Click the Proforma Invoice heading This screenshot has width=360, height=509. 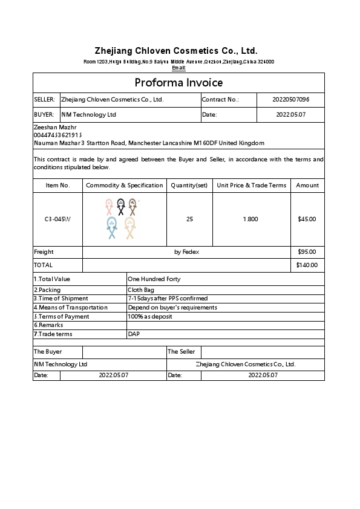[x=178, y=83]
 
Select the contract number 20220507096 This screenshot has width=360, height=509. [x=290, y=99]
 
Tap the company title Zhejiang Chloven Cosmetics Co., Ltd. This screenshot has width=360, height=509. [x=176, y=51]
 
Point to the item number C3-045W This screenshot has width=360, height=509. [x=57, y=219]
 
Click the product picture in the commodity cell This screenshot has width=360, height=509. [x=121, y=219]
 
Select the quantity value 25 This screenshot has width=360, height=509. [x=189, y=219]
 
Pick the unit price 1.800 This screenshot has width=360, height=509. [x=250, y=219]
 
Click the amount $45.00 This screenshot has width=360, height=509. [x=307, y=219]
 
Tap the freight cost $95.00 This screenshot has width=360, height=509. [x=307, y=251]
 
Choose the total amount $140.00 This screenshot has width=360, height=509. [x=306, y=265]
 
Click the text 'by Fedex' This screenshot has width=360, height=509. [x=186, y=251]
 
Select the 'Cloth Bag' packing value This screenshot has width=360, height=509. [x=140, y=290]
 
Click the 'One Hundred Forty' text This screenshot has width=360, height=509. [x=154, y=279]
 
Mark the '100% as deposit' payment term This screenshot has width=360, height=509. [x=150, y=316]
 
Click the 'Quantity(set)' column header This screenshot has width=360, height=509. [x=189, y=185]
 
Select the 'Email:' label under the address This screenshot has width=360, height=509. [x=178, y=68]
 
